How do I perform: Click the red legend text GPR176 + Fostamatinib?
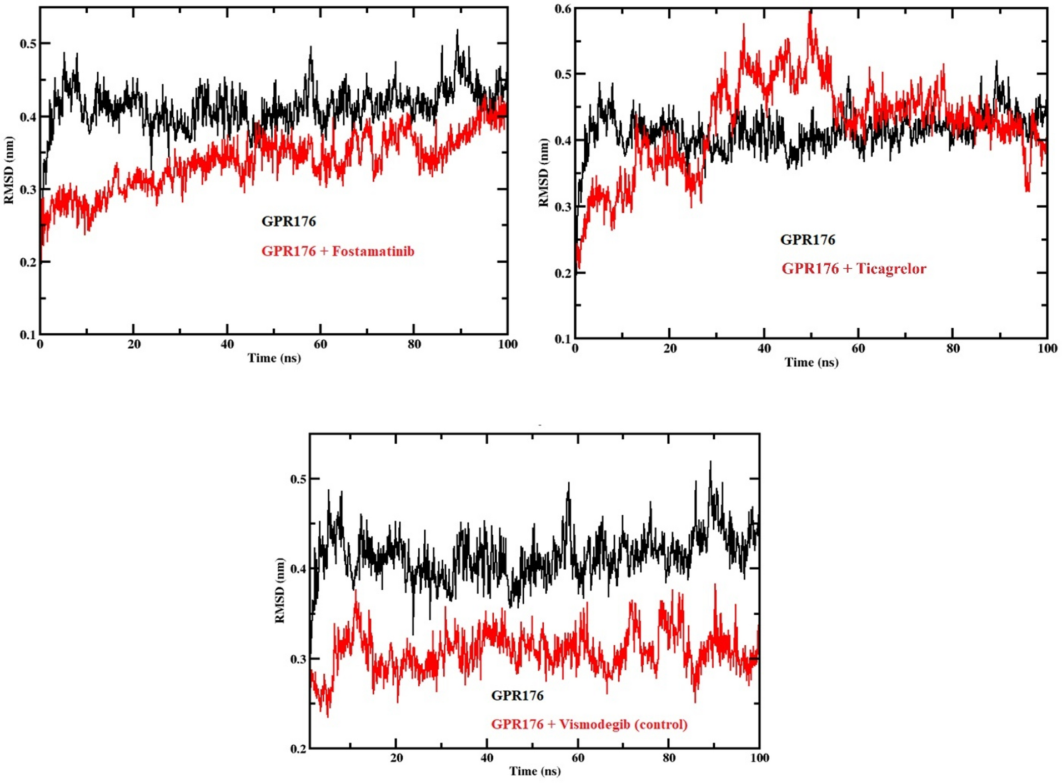pyautogui.click(x=338, y=251)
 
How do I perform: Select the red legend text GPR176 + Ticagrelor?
pyautogui.click(x=854, y=269)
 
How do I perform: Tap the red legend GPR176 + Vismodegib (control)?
pyautogui.click(x=589, y=724)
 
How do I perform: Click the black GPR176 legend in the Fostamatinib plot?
pyautogui.click(x=288, y=222)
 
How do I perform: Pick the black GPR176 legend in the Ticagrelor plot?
pyautogui.click(x=807, y=240)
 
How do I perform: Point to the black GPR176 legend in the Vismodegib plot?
pyautogui.click(x=517, y=695)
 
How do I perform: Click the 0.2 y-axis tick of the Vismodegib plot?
pyautogui.click(x=298, y=749)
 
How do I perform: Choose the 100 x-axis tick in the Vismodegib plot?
pyautogui.click(x=759, y=758)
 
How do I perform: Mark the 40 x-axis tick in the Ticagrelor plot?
pyautogui.click(x=764, y=349)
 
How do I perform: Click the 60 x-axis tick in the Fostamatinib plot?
pyautogui.click(x=320, y=344)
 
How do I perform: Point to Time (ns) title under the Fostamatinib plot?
pyautogui.click(x=274, y=358)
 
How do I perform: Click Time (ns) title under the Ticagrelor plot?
pyautogui.click(x=811, y=363)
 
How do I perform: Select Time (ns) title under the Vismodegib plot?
pyautogui.click(x=534, y=771)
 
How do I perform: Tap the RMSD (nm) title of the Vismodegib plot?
pyautogui.click(x=279, y=590)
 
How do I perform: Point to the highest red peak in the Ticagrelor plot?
pyautogui.click(x=810, y=12)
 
